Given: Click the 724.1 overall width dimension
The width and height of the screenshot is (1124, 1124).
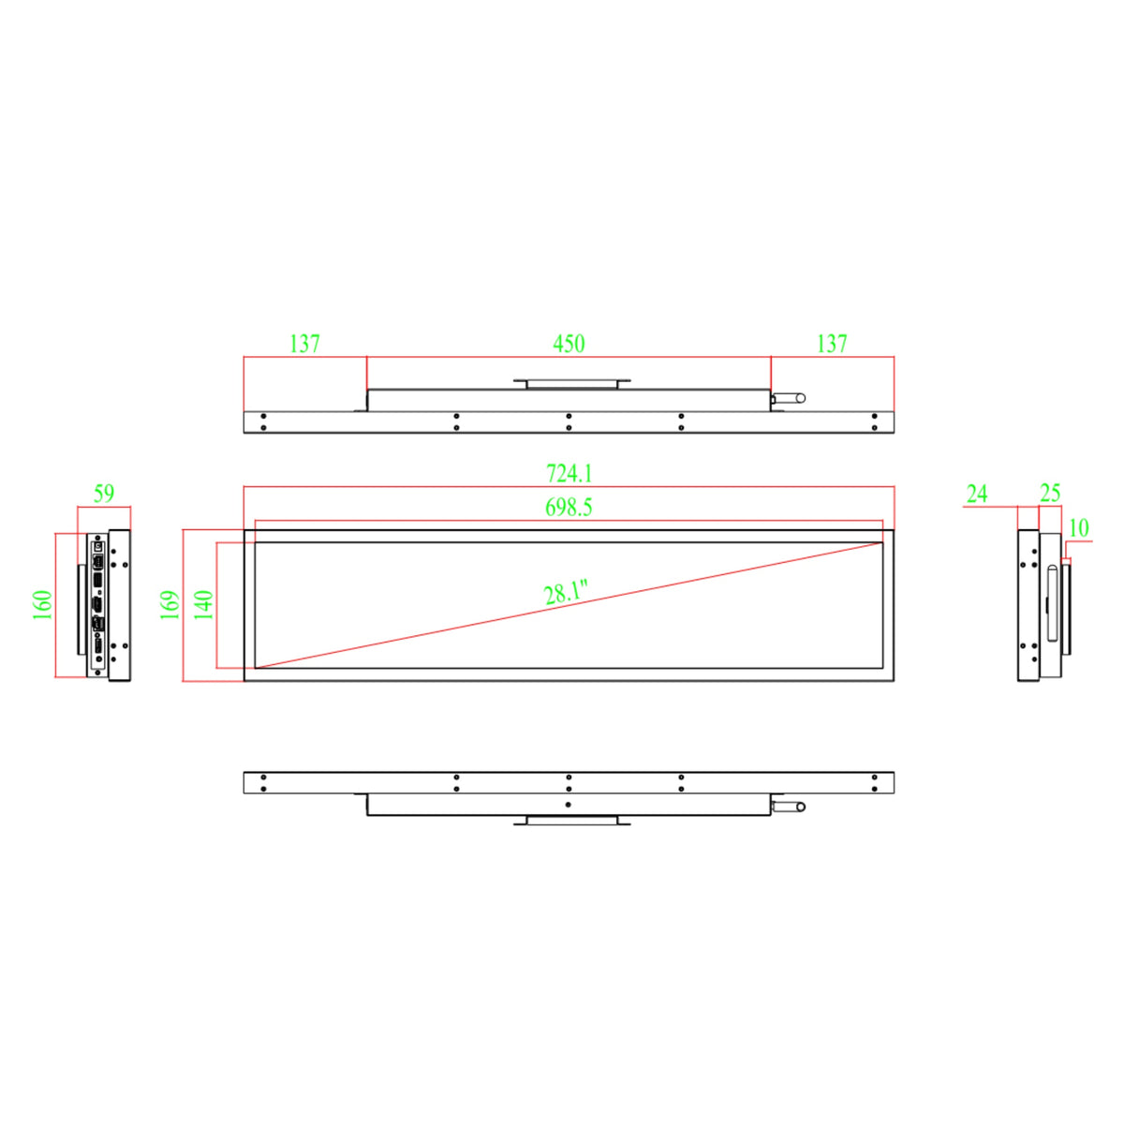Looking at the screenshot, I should [x=569, y=474].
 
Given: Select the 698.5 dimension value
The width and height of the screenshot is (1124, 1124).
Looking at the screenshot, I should [x=569, y=508].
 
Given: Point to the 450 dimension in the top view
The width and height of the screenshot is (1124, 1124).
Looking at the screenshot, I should [x=569, y=344].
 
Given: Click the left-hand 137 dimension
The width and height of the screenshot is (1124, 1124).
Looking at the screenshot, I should [x=304, y=344].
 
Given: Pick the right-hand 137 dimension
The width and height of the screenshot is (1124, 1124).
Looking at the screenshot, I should [x=832, y=344].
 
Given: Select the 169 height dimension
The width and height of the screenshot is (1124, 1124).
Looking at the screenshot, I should [x=170, y=605].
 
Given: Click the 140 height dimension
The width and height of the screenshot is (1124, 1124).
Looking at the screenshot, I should [x=204, y=605].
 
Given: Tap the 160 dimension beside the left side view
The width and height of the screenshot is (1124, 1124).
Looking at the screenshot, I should [x=43, y=605].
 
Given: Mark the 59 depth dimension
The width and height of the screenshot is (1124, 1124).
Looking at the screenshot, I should [x=103, y=494].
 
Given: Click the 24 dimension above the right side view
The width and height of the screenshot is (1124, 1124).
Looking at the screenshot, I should [x=977, y=494].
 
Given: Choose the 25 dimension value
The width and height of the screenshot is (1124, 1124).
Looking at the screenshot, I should [x=1050, y=494].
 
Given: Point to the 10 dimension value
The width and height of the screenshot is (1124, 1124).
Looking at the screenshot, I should [x=1079, y=528].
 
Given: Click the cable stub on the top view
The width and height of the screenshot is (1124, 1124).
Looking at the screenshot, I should [x=788, y=398].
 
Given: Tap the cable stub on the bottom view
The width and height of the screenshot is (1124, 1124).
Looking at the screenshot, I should [x=788, y=806].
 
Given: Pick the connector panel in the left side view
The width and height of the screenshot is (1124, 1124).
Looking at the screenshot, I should [x=97, y=604].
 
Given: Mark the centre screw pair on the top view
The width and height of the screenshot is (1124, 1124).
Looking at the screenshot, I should [x=569, y=421].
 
